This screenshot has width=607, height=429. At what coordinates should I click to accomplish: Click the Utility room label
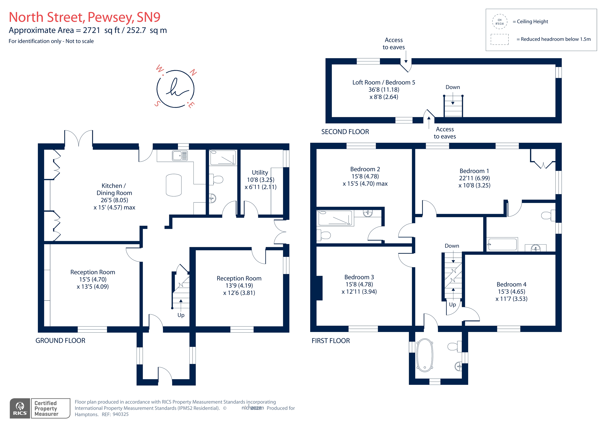pos(260,173)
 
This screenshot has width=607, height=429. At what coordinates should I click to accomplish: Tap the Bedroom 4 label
pos(511,284)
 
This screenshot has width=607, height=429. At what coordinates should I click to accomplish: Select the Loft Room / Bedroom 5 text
pos(384,82)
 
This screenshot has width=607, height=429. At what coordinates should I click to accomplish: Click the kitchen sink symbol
pos(180,155)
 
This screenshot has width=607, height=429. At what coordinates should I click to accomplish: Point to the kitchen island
pos(174,185)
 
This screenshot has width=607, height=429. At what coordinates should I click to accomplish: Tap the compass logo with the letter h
pos(175,89)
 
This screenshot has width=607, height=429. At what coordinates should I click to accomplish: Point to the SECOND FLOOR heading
pos(345,132)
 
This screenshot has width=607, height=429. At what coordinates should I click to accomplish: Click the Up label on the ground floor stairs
pos(181,315)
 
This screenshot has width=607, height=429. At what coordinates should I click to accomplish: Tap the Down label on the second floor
pos(453,87)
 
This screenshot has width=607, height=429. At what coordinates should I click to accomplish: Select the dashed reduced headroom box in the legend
pos(499,39)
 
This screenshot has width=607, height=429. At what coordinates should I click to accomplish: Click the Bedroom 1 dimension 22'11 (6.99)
pos(474,178)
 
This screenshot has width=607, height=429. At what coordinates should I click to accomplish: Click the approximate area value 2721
pos(91,30)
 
